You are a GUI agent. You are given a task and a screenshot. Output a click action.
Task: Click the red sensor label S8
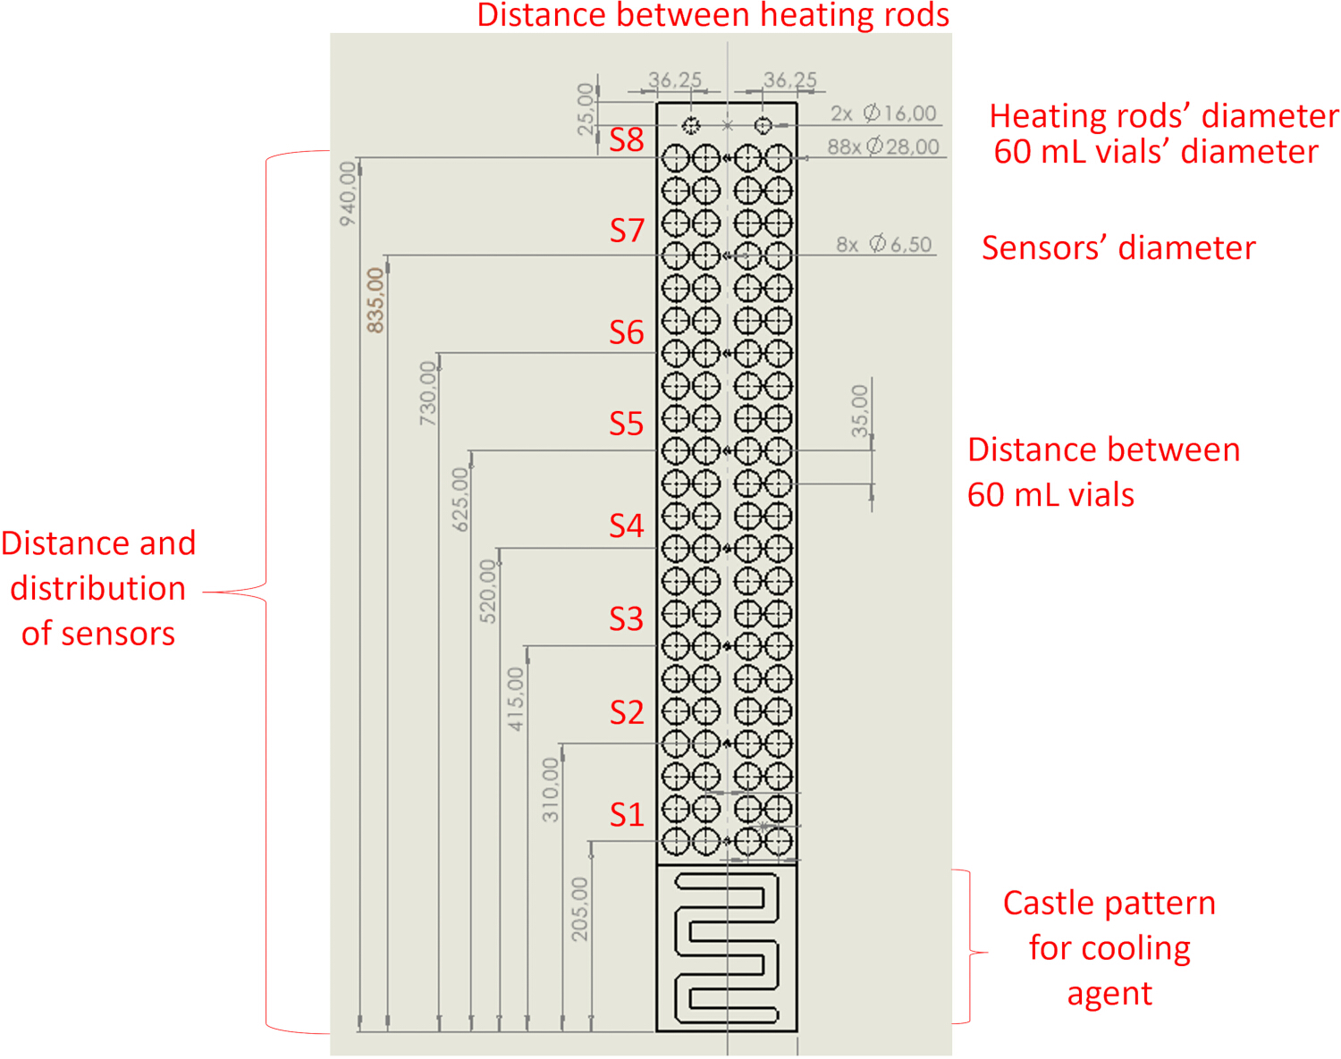point(627,140)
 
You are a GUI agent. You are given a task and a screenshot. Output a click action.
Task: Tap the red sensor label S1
point(627,815)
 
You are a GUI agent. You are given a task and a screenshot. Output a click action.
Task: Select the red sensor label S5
point(627,424)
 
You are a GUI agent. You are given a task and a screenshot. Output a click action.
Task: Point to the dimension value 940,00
point(348,194)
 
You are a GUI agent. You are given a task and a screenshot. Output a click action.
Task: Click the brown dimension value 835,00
point(375,300)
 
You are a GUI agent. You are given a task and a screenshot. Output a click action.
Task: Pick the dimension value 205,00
point(579,910)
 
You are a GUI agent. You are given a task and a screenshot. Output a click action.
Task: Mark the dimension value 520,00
point(488,592)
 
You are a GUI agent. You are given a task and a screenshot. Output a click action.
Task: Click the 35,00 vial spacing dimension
point(859,411)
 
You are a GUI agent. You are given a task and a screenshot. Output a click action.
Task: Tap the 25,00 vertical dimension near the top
point(586,110)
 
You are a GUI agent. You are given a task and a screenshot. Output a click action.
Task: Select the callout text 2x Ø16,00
point(883,113)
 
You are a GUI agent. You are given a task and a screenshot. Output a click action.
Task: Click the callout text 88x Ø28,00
point(883,147)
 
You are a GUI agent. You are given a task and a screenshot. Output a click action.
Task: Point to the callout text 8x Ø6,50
point(883,244)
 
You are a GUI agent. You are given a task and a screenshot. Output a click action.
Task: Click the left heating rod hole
point(690,125)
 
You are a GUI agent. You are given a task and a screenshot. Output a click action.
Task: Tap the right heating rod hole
point(763,125)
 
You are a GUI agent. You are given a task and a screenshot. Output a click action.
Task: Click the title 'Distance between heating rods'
point(713,15)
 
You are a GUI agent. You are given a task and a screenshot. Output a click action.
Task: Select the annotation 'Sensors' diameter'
point(1118,248)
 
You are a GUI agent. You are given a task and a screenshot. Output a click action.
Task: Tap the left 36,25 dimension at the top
point(675,80)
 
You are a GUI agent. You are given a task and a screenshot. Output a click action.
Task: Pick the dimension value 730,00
point(428,394)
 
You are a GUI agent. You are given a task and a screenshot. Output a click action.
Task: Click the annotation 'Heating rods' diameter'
point(1164,116)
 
